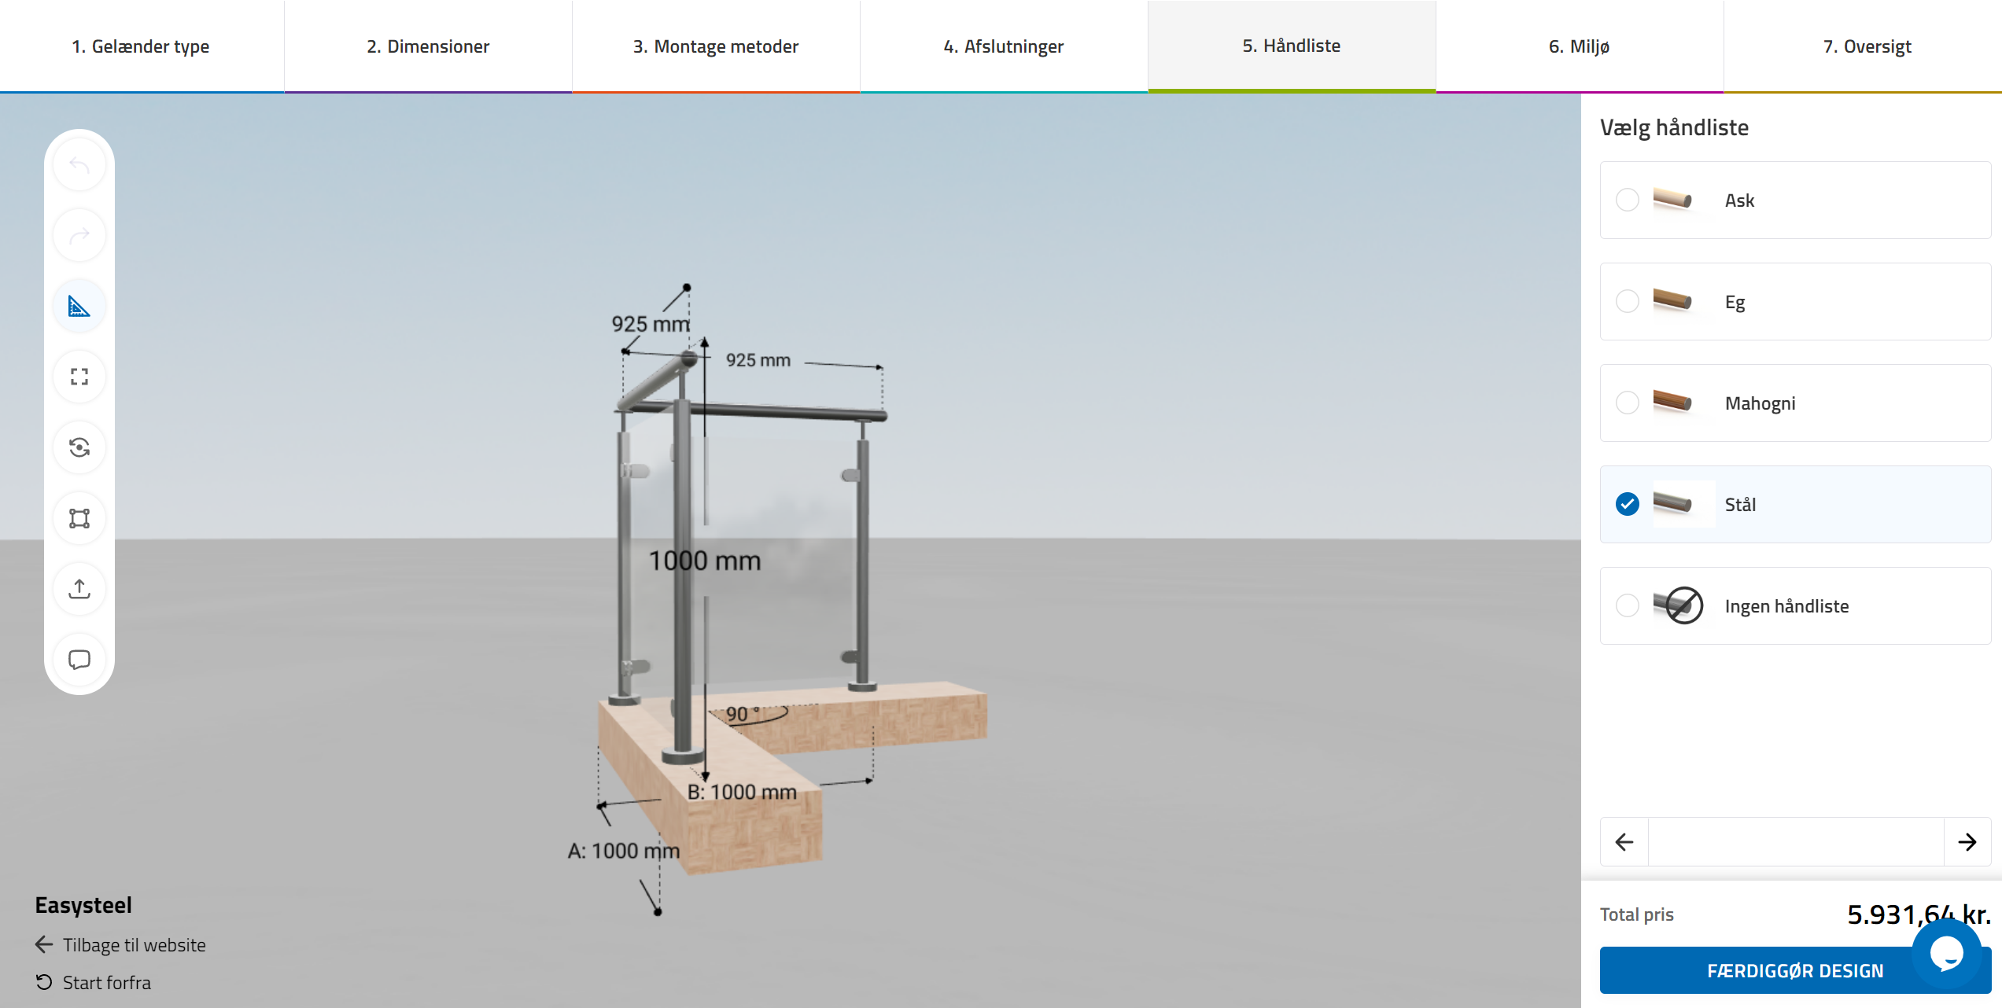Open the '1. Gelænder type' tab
(141, 46)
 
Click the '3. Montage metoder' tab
(716, 46)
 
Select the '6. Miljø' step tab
(1579, 46)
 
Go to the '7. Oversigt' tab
(1867, 46)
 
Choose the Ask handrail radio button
(1628, 200)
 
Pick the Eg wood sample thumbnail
(1672, 300)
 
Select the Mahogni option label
(1760, 403)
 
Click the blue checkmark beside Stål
(1628, 504)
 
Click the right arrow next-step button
(1967, 842)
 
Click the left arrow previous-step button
(1624, 842)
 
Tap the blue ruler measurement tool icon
(79, 306)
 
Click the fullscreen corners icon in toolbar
(79, 377)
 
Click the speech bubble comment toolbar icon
(79, 660)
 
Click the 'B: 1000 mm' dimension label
(742, 792)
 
